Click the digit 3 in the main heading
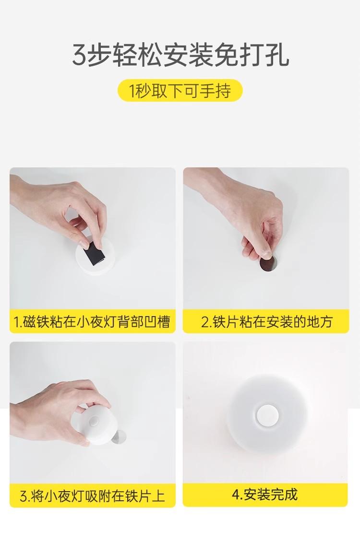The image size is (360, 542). coord(79,55)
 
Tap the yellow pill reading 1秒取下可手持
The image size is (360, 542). coord(180,91)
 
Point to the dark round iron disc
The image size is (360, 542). coord(268,265)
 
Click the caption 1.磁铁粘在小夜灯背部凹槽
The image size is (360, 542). coord(92,322)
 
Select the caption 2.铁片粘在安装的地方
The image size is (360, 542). coord(266,322)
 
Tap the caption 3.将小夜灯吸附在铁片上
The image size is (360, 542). coord(92,496)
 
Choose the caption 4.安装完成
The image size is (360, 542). coord(264,495)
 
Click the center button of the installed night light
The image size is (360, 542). coord(266,416)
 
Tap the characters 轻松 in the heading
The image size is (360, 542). coord(137,55)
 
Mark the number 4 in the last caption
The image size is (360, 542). coord(236,495)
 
